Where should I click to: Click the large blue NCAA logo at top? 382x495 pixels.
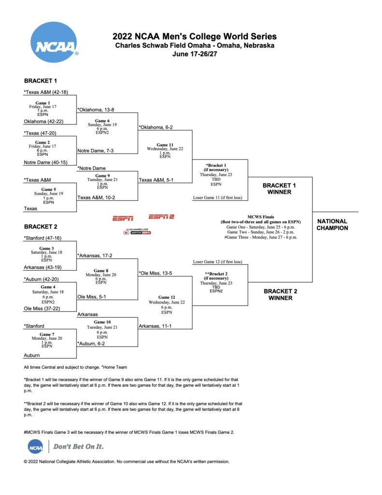coord(54,42)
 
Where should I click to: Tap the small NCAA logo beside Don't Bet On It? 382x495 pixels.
coord(36,447)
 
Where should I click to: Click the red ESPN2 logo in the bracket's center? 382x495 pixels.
coord(161,217)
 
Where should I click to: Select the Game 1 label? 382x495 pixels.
coord(42,103)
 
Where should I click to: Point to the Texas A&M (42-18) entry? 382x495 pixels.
coord(46,92)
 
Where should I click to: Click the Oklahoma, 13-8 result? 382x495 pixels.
coord(96,110)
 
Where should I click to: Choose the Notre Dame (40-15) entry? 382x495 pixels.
coord(46,162)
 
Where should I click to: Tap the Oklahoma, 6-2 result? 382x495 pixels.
coord(156,127)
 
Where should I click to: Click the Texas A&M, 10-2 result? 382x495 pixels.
coord(96,198)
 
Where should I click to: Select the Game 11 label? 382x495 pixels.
coord(165,145)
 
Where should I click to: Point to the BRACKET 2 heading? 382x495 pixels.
coord(41,227)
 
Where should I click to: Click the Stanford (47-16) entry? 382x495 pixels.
coord(42,238)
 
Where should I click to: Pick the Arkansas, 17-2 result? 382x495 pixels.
coord(95,256)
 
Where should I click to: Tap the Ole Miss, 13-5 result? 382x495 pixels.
coord(156,273)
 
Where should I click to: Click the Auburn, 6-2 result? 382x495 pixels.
coord(91,344)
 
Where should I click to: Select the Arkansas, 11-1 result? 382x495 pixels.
coord(155,326)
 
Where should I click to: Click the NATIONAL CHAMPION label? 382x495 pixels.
coord(332,224)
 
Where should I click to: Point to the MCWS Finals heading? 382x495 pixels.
coord(261,217)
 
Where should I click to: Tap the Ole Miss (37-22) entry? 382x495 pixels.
coord(42,308)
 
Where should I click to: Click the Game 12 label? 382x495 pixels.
coord(167,297)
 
